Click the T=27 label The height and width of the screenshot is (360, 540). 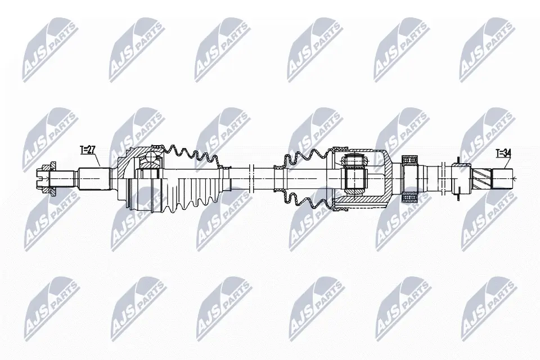tap(89, 150)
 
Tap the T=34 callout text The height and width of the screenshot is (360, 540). tap(504, 153)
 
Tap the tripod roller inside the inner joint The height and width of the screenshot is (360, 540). tap(355, 179)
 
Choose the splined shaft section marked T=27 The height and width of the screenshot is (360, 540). tap(93, 179)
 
